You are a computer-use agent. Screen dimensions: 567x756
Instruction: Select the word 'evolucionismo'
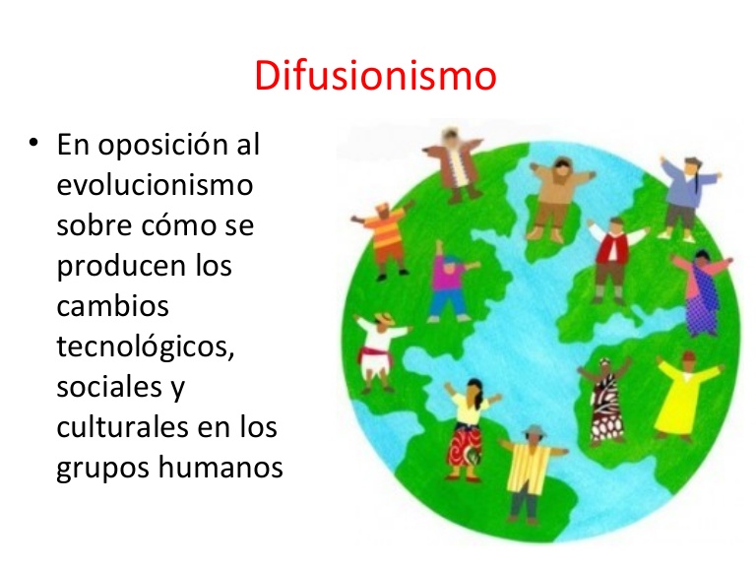click(156, 184)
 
